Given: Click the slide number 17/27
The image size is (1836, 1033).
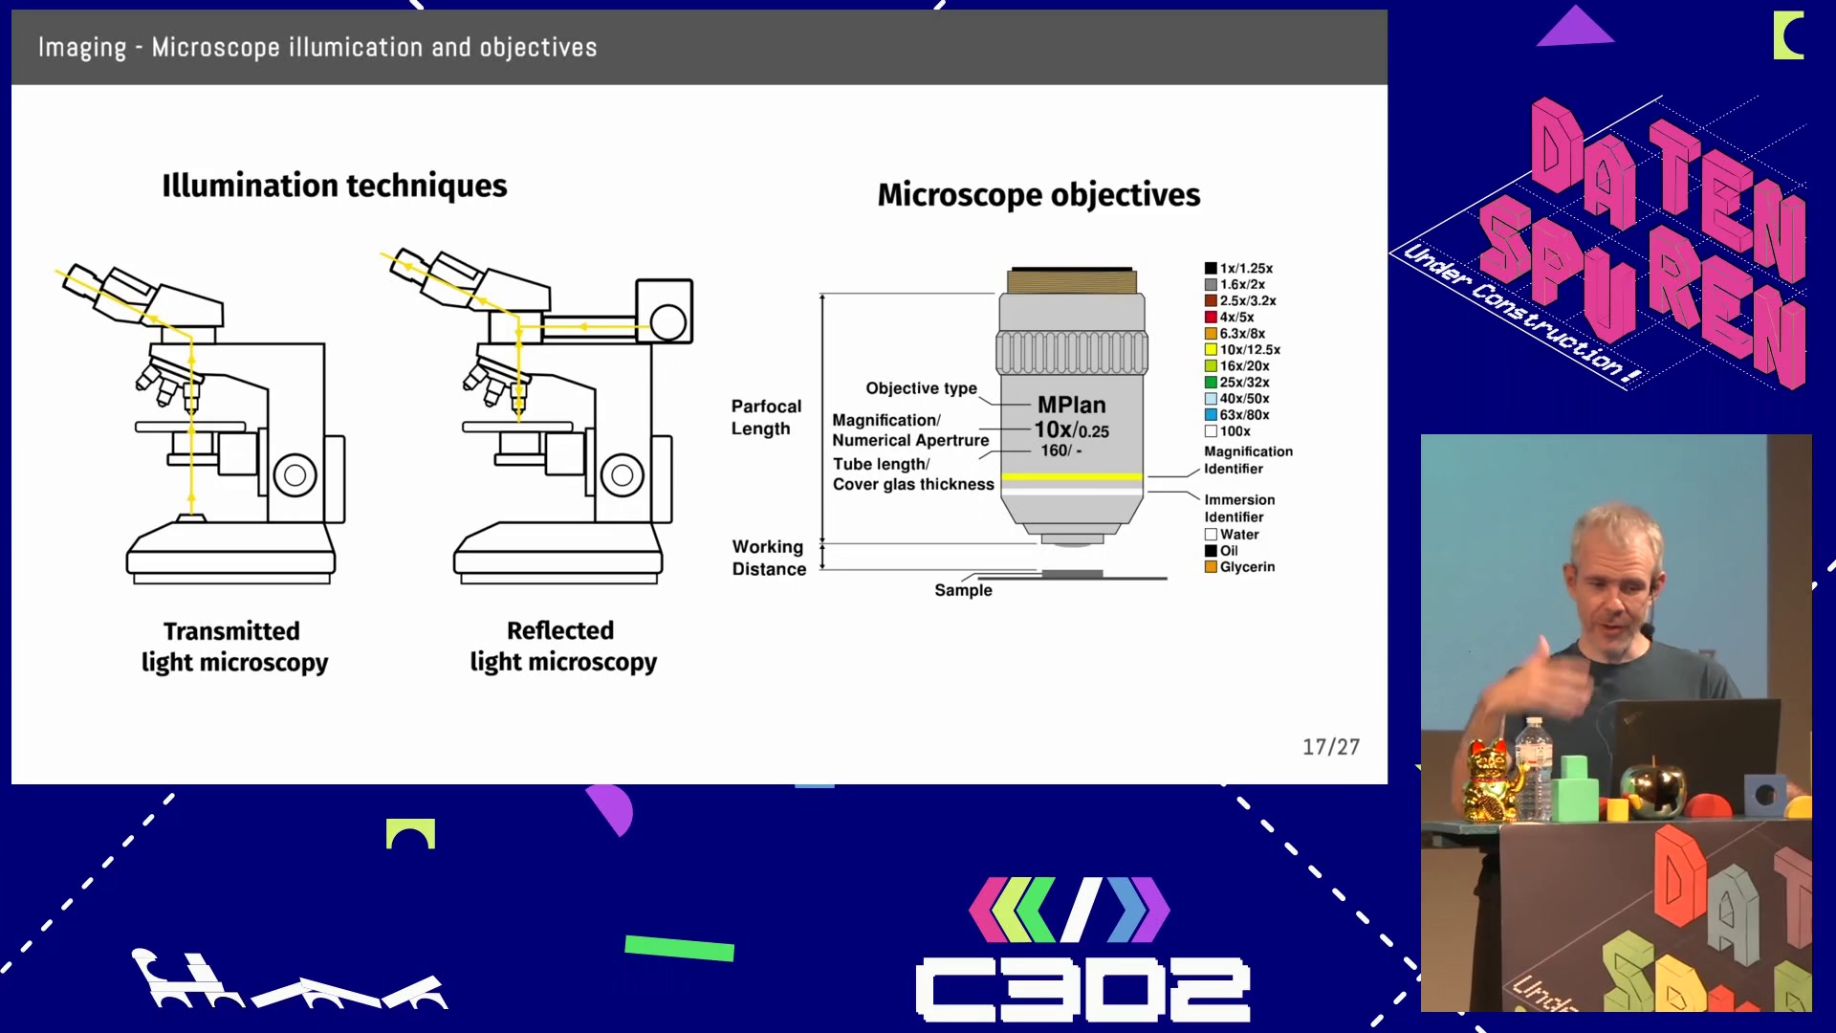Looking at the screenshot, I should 1330,746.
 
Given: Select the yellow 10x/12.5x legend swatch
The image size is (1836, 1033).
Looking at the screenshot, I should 1211,350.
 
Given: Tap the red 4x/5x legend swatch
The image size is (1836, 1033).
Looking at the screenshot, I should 1211,318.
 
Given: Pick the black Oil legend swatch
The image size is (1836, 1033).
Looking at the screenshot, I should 1211,551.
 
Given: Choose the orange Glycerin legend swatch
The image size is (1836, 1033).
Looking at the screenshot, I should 1211,567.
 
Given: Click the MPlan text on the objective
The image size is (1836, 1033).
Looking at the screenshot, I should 1071,406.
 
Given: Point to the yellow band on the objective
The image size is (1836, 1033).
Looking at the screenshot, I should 1071,476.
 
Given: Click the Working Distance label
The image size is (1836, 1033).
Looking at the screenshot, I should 769,558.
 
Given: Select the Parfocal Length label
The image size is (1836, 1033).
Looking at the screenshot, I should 766,417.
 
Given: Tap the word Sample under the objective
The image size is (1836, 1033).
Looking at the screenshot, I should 963,590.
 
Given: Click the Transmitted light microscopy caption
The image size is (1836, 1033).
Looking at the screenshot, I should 234,647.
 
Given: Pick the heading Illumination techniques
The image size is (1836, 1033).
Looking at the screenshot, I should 334,186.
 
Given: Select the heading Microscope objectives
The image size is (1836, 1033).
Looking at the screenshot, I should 1038,195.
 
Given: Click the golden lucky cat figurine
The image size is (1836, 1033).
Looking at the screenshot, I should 1489,780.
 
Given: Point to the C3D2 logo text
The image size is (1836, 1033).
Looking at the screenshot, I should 1082,989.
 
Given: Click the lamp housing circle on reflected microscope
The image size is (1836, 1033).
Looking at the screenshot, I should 667,322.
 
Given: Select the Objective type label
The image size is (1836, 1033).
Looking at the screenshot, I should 921,388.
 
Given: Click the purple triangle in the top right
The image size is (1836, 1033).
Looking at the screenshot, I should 1575,28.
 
